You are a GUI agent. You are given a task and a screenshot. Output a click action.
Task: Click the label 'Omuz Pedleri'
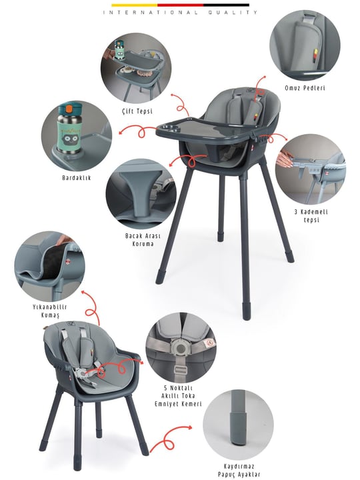(305, 88)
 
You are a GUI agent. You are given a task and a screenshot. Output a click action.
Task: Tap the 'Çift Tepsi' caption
(137, 111)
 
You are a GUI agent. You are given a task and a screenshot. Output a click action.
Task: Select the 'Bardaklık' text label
(77, 177)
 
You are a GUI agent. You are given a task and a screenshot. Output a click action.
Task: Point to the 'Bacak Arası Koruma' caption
(143, 240)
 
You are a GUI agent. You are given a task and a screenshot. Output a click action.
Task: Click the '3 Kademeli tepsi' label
(311, 216)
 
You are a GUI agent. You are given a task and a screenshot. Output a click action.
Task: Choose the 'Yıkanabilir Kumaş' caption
(50, 311)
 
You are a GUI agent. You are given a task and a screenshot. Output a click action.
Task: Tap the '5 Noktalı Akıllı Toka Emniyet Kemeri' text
(178, 396)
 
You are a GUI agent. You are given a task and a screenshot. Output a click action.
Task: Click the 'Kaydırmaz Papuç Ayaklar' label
(239, 471)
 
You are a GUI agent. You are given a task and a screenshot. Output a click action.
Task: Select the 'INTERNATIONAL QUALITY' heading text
(180, 13)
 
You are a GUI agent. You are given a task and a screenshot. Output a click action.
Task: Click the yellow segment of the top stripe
(135, 5)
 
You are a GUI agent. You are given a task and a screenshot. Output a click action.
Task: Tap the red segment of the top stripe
(180, 5)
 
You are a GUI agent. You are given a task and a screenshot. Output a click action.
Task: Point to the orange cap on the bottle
(69, 109)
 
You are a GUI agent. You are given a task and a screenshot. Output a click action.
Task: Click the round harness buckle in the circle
(181, 348)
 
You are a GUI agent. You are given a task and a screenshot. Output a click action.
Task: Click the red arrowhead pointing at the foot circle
(190, 427)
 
